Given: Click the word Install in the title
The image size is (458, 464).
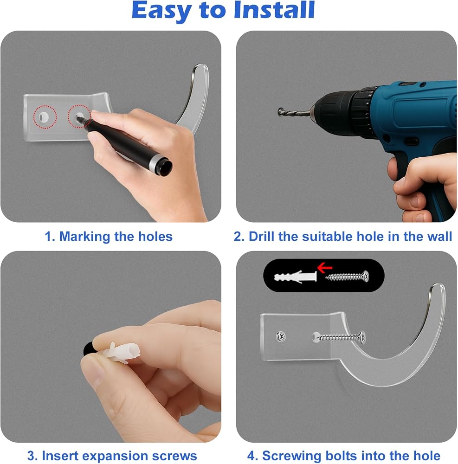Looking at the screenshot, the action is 274,10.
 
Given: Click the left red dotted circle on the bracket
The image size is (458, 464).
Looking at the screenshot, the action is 45,117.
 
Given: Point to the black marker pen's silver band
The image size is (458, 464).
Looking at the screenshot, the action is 155,162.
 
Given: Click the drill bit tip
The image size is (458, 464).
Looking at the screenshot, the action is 280,112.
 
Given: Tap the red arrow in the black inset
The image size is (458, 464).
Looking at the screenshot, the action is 324,268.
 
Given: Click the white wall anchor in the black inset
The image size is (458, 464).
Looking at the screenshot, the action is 295,277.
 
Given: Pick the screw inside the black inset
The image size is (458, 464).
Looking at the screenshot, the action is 348,277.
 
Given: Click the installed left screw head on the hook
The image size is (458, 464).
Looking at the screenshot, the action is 280,336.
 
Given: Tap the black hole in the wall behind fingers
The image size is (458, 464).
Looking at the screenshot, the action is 88,349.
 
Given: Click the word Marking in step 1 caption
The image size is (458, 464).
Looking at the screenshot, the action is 84,237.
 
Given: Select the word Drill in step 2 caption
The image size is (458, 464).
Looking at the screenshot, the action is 262,237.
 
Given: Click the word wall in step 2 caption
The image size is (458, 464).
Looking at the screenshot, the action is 439,237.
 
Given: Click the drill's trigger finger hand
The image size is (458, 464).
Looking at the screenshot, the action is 423,187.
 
